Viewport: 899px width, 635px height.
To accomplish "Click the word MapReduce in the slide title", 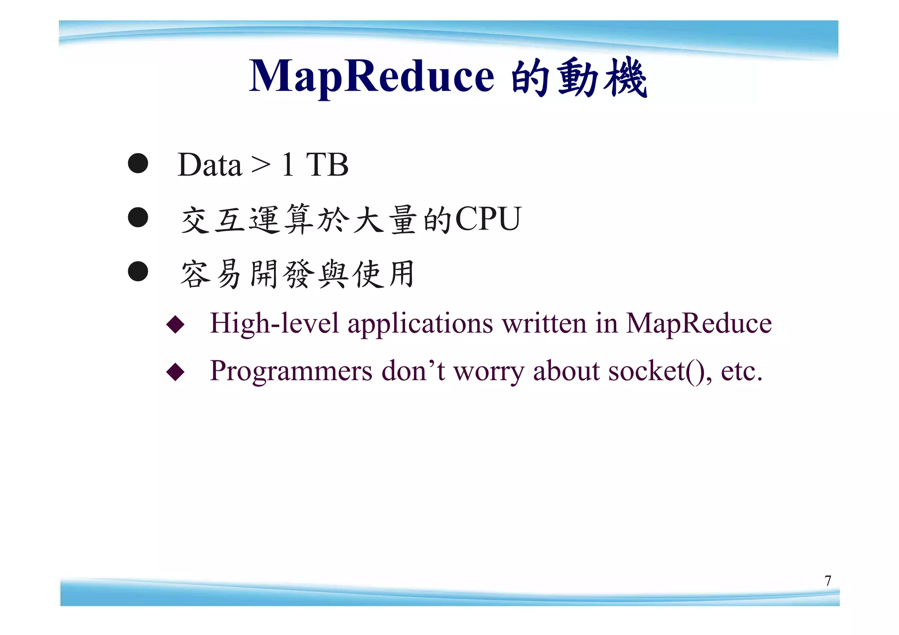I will (371, 77).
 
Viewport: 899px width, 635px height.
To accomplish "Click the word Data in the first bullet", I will (209, 165).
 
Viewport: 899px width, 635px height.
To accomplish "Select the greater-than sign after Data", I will (261, 166).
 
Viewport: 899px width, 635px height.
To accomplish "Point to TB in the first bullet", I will (327, 165).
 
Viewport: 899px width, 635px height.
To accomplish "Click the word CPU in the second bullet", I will (488, 219).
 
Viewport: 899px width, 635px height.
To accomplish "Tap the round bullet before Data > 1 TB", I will (138, 163).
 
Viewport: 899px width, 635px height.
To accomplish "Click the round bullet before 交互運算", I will (138, 217).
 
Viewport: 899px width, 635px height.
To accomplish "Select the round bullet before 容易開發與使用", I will (138, 271).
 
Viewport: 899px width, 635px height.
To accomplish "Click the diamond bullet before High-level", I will (176, 324).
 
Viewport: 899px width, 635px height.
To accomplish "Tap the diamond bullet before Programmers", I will (176, 372).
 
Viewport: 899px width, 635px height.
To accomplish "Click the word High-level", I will (274, 324).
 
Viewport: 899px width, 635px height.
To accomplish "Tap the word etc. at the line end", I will (741, 371).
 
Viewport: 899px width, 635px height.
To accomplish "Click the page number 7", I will (827, 581).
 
